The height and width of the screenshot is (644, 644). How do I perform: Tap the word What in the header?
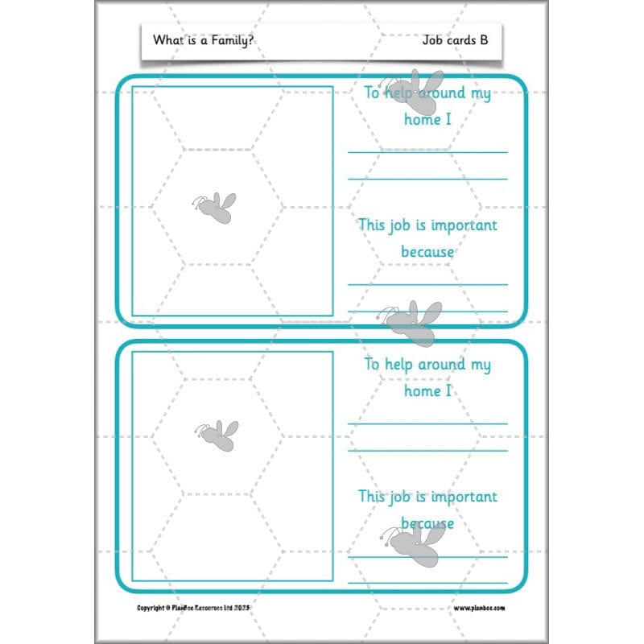[167, 39]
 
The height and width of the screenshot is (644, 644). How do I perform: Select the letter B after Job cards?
[483, 39]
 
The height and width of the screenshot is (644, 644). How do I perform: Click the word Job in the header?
[433, 39]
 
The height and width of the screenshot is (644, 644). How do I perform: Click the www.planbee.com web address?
[480, 608]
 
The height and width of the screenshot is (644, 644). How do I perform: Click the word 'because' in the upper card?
[427, 252]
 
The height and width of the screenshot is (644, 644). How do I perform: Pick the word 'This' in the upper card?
[372, 225]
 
